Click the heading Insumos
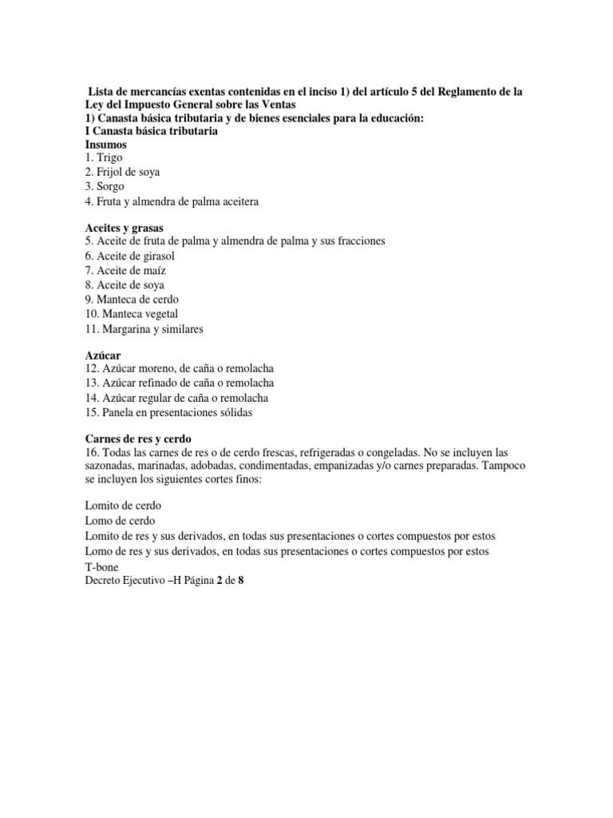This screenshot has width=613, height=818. [x=105, y=145]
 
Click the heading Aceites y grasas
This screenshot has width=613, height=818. [x=124, y=228]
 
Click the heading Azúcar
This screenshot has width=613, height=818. [x=103, y=355]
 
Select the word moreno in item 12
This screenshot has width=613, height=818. [x=161, y=369]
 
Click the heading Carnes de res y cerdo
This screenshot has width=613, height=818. [x=138, y=439]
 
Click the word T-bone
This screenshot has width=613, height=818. [x=101, y=566]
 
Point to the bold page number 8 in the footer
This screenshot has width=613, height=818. [x=240, y=581]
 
